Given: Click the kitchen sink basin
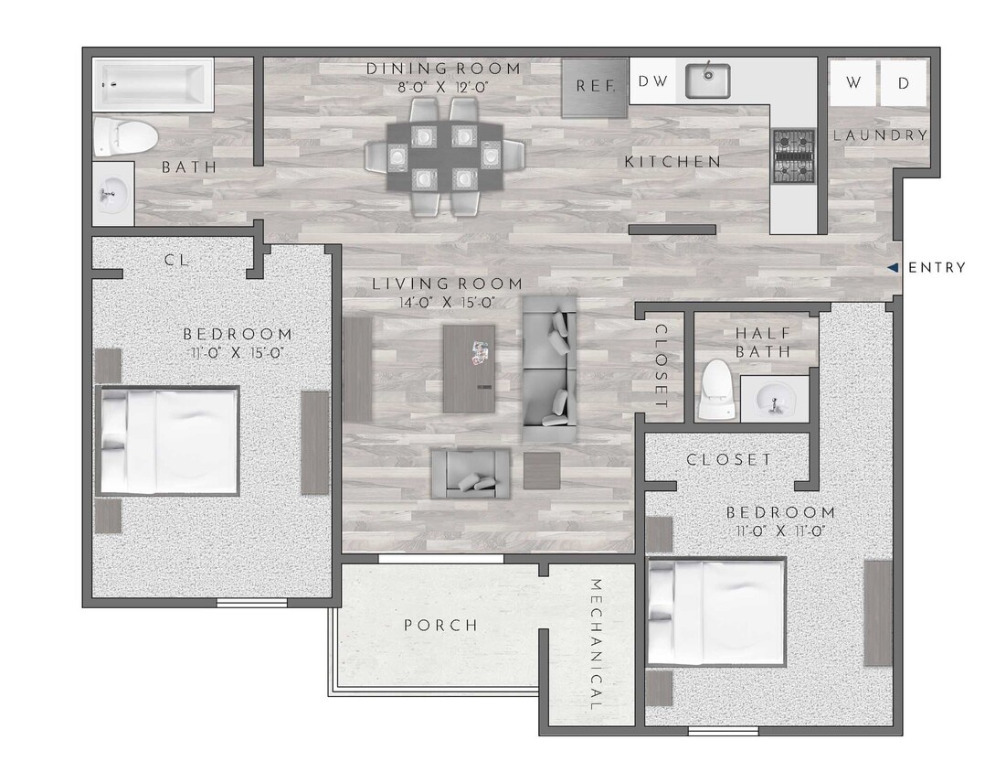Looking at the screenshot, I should click(x=706, y=81).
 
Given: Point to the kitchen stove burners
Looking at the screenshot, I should click(x=793, y=156).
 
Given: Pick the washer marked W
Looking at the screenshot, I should click(x=853, y=83).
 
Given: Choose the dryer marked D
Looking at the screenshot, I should click(x=904, y=83).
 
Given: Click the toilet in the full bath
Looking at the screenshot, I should click(x=123, y=135).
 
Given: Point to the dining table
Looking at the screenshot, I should click(x=444, y=157).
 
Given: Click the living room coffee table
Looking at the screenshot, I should click(x=469, y=368).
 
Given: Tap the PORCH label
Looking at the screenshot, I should click(x=440, y=626).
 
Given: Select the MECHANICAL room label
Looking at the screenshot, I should click(x=595, y=645).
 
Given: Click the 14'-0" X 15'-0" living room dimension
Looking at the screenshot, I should click(x=447, y=303).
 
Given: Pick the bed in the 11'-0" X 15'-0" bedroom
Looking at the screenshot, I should click(x=168, y=441).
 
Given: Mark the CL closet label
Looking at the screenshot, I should click(x=176, y=260).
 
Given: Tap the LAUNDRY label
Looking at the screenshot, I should click(x=880, y=135).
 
